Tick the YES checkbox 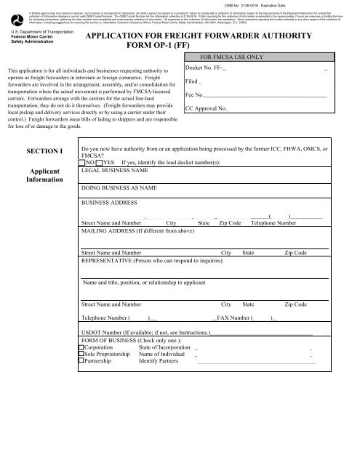point(100,163)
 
